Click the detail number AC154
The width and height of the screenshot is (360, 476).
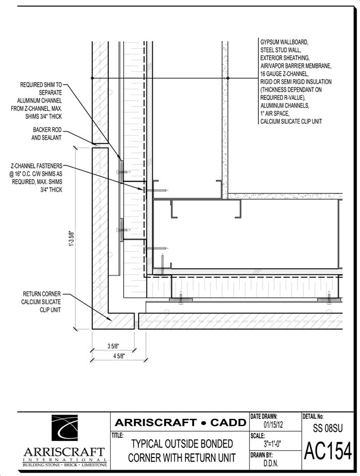point(328,452)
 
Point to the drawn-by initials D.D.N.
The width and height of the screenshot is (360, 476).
point(271,462)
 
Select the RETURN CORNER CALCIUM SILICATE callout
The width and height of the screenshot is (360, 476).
point(43,302)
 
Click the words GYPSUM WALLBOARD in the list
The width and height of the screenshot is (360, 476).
point(284,43)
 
